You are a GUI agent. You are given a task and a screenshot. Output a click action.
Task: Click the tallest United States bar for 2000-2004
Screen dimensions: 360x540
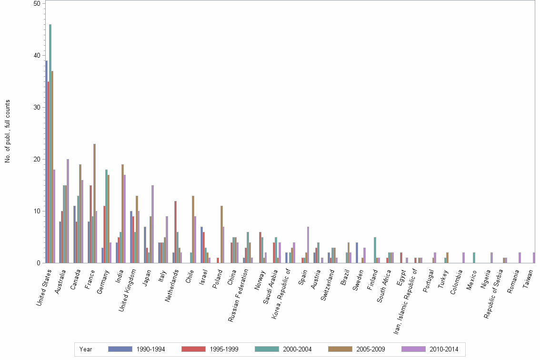(x=50, y=143)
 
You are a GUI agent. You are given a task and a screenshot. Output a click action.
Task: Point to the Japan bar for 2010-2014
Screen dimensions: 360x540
(x=152, y=224)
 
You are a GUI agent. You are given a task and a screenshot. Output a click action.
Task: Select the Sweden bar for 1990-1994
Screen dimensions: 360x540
(x=357, y=252)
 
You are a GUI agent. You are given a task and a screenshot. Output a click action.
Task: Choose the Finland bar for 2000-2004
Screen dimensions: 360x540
(x=375, y=250)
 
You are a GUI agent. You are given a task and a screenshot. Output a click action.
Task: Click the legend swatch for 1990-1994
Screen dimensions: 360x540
(x=119, y=349)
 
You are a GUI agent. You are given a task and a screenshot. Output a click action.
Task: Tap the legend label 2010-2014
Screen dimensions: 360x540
(x=444, y=350)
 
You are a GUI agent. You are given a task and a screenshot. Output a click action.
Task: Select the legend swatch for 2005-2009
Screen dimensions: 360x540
(x=339, y=349)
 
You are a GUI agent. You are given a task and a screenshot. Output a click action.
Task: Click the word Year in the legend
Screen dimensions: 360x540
(x=86, y=350)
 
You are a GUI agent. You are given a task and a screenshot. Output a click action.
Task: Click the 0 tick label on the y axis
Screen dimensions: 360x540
(x=40, y=263)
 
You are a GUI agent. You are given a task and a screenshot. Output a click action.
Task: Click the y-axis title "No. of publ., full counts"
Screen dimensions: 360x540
(x=8, y=131)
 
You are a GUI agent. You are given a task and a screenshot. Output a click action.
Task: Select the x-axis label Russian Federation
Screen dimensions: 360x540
(x=238, y=295)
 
